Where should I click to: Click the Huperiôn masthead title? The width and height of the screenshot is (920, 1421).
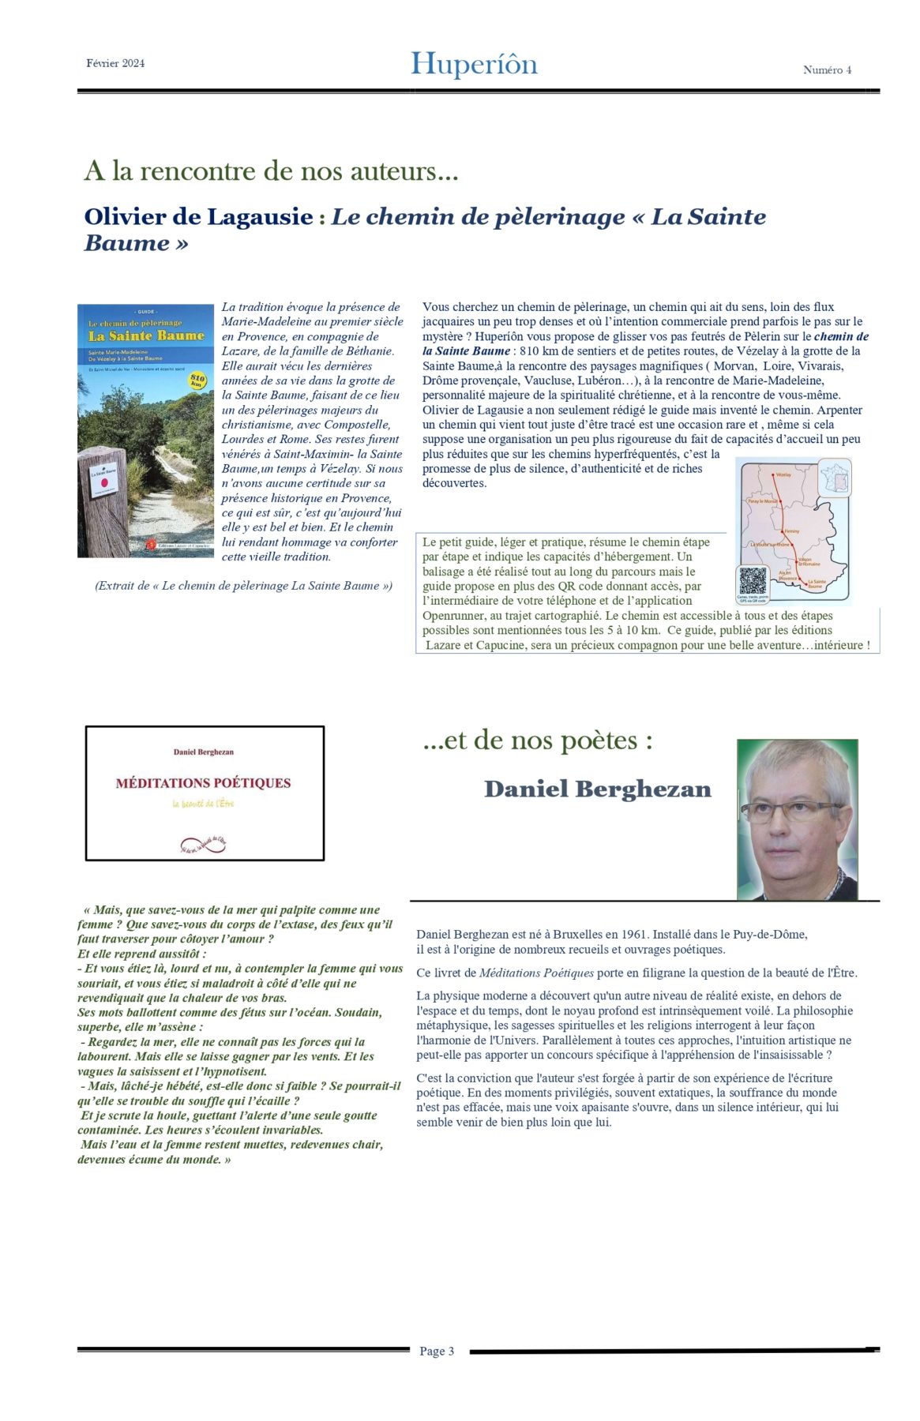[x=474, y=64]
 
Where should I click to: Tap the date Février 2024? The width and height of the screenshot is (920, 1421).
[x=115, y=63]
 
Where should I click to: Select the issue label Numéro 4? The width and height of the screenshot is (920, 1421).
[x=827, y=69]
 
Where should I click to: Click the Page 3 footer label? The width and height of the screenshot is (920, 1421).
[x=437, y=1351]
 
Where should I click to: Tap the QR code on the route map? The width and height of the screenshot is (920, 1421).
[x=752, y=582]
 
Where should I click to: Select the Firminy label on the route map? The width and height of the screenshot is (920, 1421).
[x=791, y=531]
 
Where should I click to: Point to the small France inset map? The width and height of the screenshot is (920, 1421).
[x=835, y=478]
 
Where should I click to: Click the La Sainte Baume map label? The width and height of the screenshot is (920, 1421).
[x=816, y=584]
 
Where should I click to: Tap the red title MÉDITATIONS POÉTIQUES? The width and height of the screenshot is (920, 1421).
[x=203, y=783]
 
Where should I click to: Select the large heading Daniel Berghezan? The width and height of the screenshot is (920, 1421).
[x=597, y=789]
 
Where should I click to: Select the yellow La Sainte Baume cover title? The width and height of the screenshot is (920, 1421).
[x=146, y=336]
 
